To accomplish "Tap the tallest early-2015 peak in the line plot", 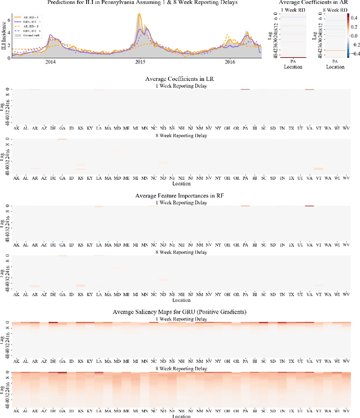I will [139, 15].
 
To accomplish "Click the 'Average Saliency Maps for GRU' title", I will [180, 312].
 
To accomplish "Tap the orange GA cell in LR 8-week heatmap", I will [62, 139].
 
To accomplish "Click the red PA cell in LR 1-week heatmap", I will [245, 89].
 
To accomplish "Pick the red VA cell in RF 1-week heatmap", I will [309, 206].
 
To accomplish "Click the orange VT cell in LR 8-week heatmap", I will [319, 168].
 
